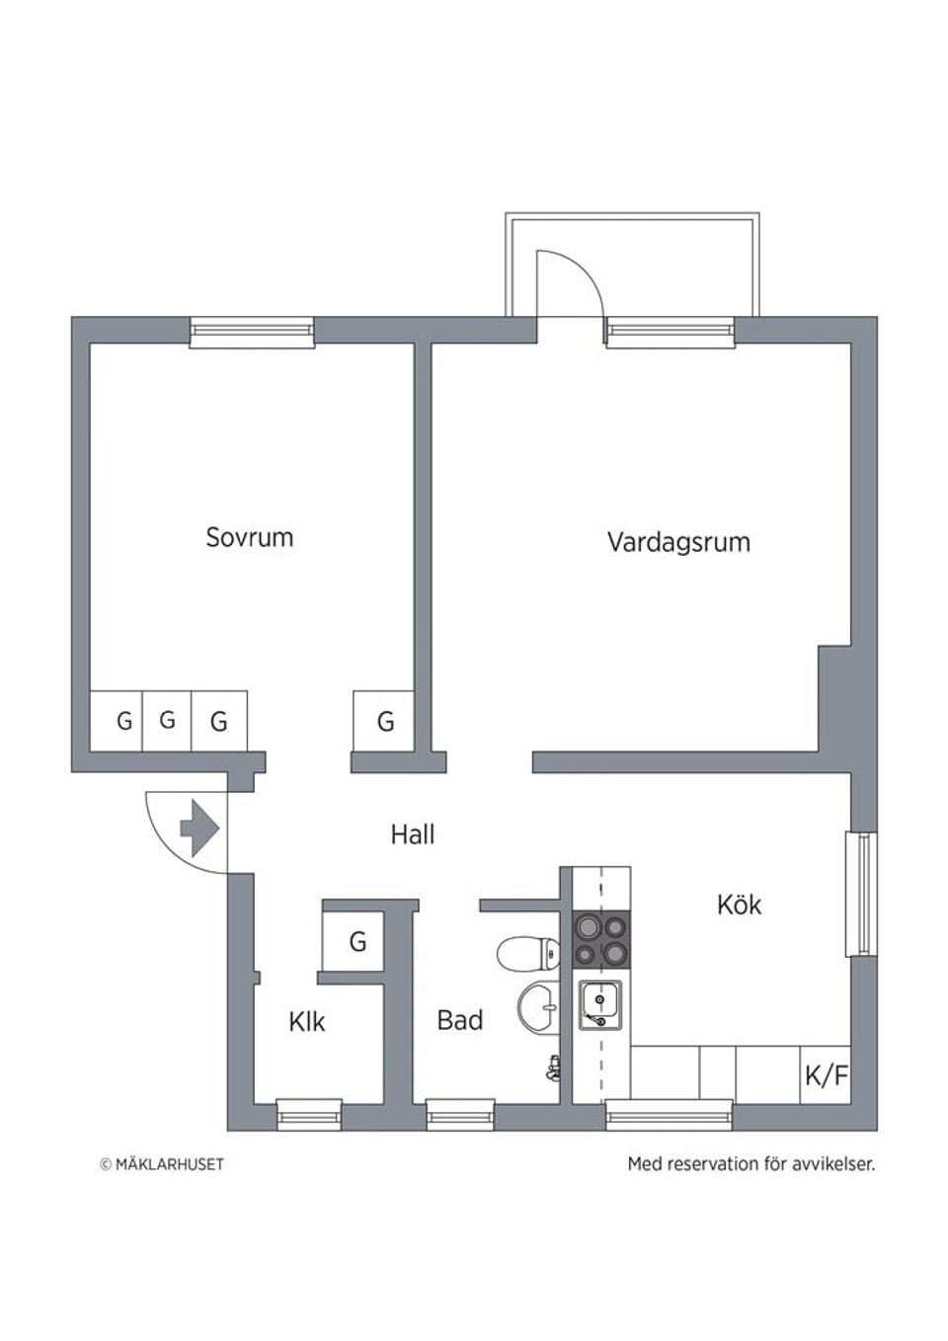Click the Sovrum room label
[x=249, y=537]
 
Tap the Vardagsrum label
[x=678, y=542]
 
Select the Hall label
[x=412, y=834]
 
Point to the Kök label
[x=739, y=904]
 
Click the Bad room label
[x=459, y=1020]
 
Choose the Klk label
[x=306, y=1021]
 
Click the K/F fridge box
[x=827, y=1074]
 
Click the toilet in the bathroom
[x=528, y=954]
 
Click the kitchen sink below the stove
[x=599, y=1005]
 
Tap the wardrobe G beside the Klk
[x=356, y=941]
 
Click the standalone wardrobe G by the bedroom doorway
[x=384, y=721]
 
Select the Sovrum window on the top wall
[x=252, y=332]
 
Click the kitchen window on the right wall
[x=861, y=895]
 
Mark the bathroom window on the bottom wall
[x=459, y=1117]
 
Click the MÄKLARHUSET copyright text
[x=162, y=1164]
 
